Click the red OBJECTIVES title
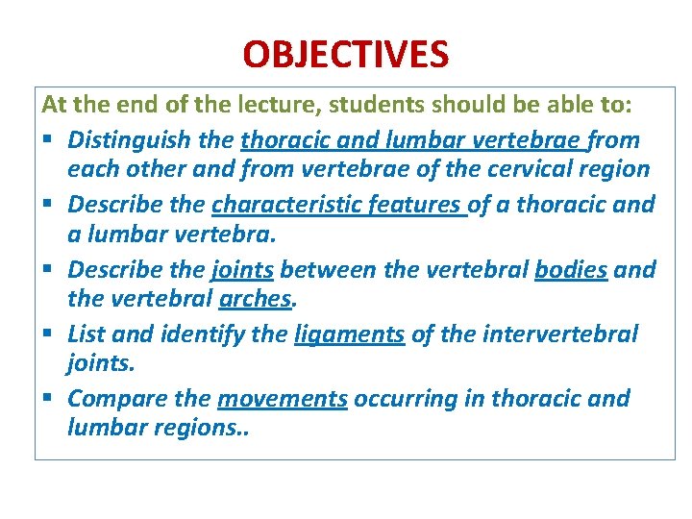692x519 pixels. [x=345, y=55]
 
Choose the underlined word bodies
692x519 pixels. [x=571, y=270]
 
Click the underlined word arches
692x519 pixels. [x=255, y=299]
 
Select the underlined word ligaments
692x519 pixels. [x=349, y=334]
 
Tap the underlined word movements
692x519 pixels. [x=283, y=399]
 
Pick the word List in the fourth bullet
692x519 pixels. [x=86, y=334]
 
